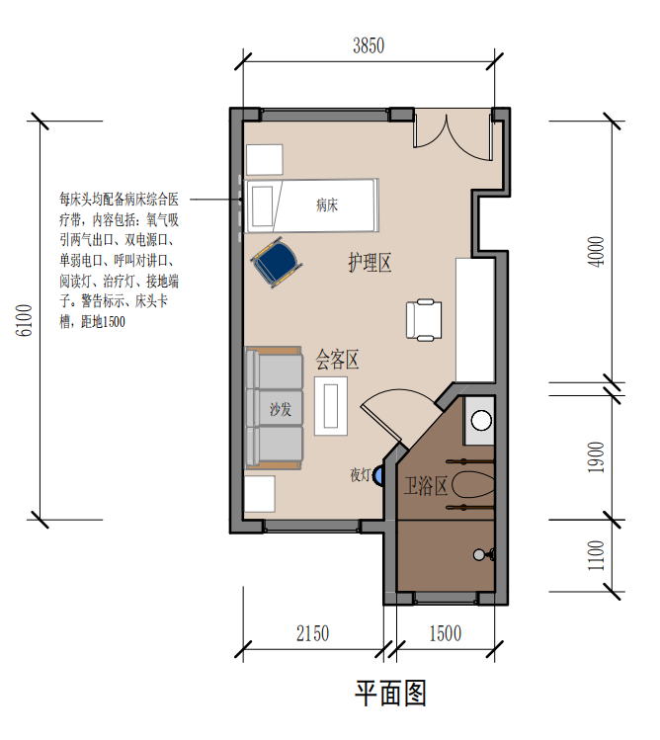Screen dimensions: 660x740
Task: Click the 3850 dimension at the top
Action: (x=369, y=45)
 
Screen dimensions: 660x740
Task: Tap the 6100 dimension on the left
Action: (x=25, y=320)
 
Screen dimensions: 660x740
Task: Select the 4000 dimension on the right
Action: (x=596, y=252)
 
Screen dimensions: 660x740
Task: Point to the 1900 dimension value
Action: (x=596, y=457)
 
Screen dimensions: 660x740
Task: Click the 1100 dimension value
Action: (x=596, y=555)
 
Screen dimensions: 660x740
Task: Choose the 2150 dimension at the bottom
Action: (x=312, y=633)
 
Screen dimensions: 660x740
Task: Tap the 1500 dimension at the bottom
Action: (x=445, y=633)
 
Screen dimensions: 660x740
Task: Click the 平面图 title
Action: (x=391, y=693)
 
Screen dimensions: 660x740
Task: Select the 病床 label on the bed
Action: (x=327, y=206)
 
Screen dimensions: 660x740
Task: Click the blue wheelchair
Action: (x=277, y=263)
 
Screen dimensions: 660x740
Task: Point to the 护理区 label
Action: (x=370, y=263)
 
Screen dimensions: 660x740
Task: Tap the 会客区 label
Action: (x=337, y=360)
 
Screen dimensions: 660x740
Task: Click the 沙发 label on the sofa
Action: (x=281, y=409)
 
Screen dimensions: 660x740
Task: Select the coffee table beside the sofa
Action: (x=331, y=406)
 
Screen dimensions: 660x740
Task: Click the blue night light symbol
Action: (x=378, y=475)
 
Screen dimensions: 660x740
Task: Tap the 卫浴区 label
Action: (x=426, y=486)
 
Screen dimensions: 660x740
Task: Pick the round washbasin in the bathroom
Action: (x=481, y=421)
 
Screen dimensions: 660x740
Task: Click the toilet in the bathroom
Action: (x=473, y=485)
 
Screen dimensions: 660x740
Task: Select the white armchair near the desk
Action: (x=424, y=319)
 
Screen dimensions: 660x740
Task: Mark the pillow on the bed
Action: (x=262, y=206)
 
